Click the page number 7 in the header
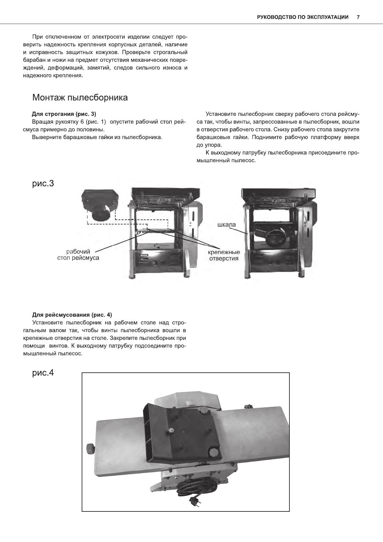[358, 17]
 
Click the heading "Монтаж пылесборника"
[80, 98]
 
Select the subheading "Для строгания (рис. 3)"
[64, 114]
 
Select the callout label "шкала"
[226, 224]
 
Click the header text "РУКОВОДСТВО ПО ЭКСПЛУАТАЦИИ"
[303, 17]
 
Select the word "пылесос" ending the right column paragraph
[245, 160]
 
